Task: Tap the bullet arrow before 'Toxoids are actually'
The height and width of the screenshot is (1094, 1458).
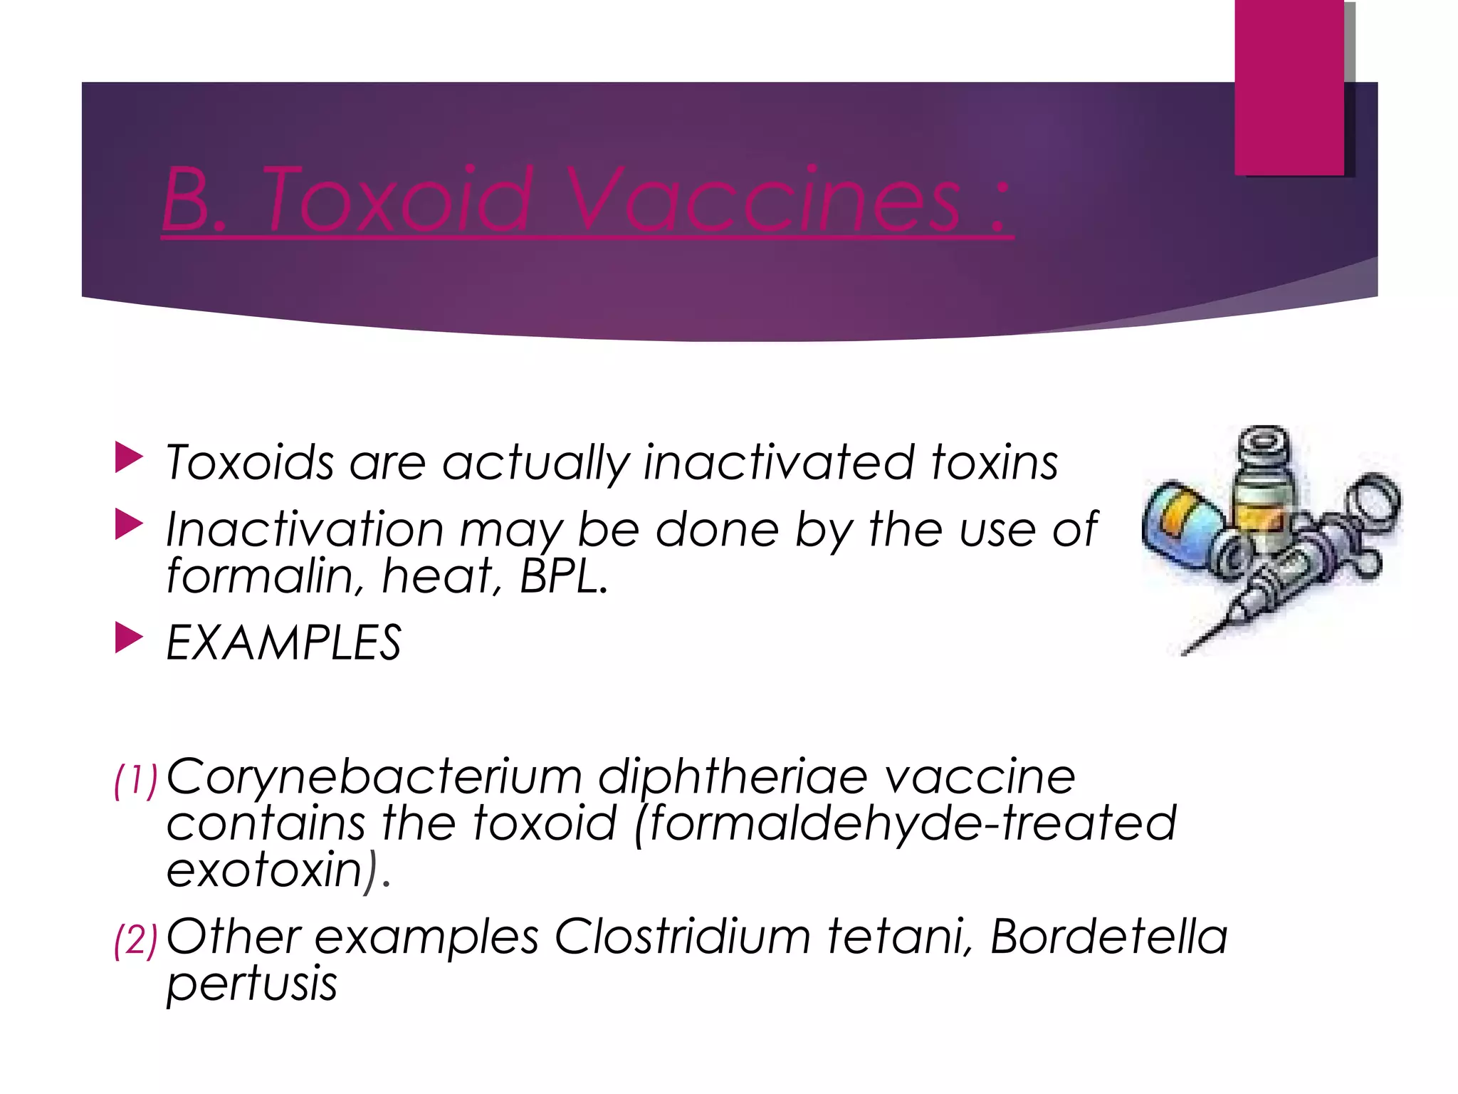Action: tap(128, 458)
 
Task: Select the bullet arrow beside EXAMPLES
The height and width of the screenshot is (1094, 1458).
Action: tap(128, 638)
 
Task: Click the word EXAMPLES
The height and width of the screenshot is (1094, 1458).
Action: tap(283, 643)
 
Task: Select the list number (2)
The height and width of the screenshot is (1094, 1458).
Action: tap(135, 940)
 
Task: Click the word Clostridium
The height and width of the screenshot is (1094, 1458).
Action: tap(682, 937)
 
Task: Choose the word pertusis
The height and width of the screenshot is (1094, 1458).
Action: tap(251, 985)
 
